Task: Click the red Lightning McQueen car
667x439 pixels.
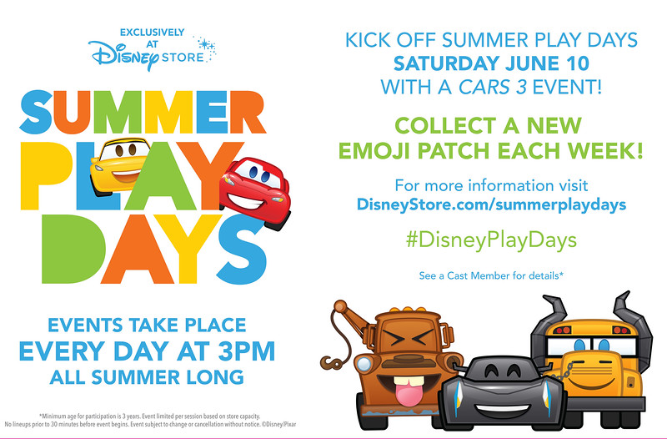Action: pos(256,192)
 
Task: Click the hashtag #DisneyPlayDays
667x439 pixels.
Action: pos(491,240)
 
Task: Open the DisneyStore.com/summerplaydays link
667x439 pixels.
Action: pos(491,204)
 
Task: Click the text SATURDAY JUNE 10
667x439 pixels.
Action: pos(491,63)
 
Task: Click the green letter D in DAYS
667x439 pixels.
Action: pos(73,249)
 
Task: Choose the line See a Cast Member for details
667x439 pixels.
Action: pos(491,276)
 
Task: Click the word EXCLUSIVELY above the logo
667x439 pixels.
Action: pos(152,33)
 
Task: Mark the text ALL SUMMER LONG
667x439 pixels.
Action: pos(147,377)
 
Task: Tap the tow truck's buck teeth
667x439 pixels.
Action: pos(409,381)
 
